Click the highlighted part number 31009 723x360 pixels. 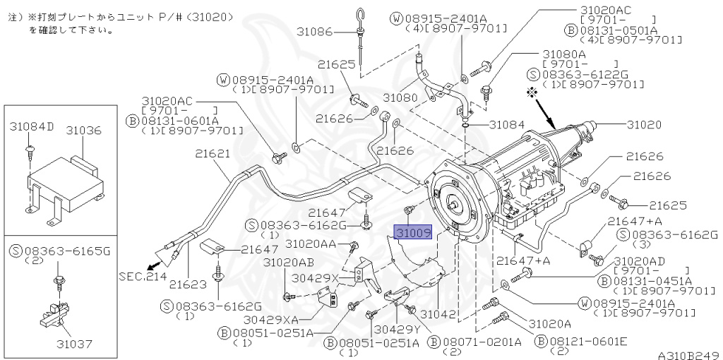click(x=412, y=232)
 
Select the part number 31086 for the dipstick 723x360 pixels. click(x=313, y=32)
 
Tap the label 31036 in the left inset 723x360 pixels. click(x=84, y=131)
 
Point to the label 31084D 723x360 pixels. click(x=32, y=126)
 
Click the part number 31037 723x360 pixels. click(x=76, y=344)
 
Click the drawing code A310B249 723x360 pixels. click(x=688, y=354)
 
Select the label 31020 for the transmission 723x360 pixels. click(x=643, y=124)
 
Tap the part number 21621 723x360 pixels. click(x=213, y=153)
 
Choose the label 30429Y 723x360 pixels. click(x=398, y=329)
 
